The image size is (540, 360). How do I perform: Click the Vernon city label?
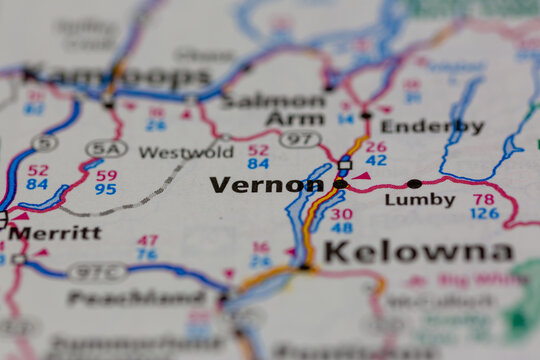(266, 185)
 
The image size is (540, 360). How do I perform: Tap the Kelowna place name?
(418, 252)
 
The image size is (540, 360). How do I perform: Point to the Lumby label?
(420, 200)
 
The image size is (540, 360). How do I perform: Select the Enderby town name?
(432, 127)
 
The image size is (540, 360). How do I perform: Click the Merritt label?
(55, 233)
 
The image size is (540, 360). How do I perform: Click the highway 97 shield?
(299, 139)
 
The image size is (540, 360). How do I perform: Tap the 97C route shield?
(97, 272)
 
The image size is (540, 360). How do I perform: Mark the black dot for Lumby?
(414, 184)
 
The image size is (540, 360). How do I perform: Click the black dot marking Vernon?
(340, 184)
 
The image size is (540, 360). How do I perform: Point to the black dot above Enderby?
(366, 115)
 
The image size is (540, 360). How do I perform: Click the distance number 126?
(484, 214)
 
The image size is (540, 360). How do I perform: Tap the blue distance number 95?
(106, 188)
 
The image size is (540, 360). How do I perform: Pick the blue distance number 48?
(341, 228)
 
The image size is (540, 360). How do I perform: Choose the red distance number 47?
(147, 240)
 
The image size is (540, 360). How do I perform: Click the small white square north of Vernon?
(345, 164)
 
